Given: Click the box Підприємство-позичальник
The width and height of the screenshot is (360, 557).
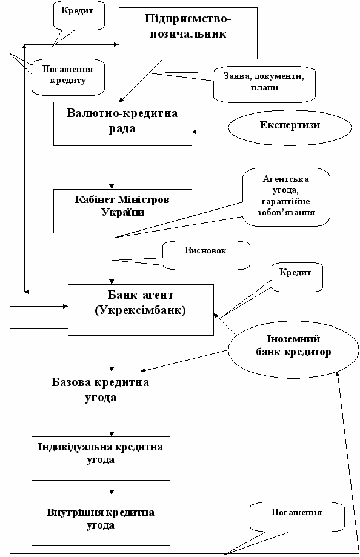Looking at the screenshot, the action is coord(188,33).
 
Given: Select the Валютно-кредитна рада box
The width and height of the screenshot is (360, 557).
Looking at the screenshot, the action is coord(122,124).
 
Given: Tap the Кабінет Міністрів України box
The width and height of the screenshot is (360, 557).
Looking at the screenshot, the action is coord(122,211).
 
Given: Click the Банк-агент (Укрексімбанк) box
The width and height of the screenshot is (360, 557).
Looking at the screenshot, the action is coord(141,310).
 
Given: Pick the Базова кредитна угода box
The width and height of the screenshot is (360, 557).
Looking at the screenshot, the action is coord(101,393).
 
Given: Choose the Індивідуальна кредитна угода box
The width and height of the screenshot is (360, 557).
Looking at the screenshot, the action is coord(101,459).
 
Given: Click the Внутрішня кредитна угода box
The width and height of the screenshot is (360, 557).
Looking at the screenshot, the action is coord(101,524).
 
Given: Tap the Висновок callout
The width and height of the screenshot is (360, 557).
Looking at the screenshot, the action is coord(206,256).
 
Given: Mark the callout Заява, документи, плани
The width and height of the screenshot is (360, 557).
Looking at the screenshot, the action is coord(264,84).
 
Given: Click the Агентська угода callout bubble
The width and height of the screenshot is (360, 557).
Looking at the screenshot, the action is coord(287,197).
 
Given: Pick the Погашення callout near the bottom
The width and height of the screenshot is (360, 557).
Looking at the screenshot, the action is coord(297,517).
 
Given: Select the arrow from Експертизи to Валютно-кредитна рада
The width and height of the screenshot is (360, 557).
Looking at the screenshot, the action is coord(210,132).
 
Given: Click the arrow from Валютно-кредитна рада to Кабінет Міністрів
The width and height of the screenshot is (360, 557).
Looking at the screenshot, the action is coord(112,167).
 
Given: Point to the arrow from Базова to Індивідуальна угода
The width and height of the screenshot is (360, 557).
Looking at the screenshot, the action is coord(112,426).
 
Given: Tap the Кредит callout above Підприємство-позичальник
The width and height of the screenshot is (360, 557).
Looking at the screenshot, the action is coord(79,15).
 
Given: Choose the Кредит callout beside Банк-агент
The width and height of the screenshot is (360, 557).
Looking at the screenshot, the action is coord(297,277).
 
